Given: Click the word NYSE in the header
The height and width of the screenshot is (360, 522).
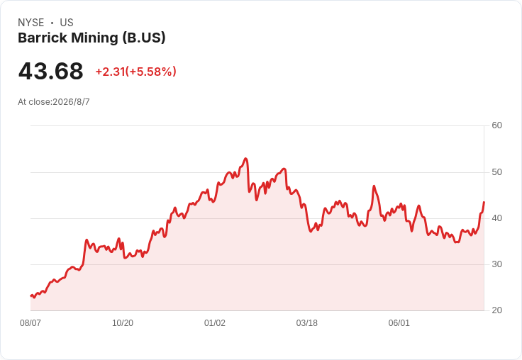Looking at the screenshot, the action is (31, 23).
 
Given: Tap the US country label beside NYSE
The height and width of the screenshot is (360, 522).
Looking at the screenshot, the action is (67, 23).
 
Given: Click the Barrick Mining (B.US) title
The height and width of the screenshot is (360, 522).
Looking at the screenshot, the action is (91, 38).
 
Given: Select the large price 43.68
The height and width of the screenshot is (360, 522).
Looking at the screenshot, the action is (50, 71).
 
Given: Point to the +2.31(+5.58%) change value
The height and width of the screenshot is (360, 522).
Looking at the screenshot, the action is (136, 72).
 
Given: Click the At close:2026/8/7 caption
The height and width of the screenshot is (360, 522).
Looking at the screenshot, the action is (54, 102).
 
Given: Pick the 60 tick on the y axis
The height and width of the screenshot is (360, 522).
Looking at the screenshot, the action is (496, 125).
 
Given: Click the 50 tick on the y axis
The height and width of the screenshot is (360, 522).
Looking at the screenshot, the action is (496, 172).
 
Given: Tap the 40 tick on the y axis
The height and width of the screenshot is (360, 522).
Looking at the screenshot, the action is (496, 218).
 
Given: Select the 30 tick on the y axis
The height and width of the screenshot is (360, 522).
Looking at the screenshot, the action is (496, 264).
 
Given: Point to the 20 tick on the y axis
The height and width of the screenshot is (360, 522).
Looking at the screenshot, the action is (496, 310).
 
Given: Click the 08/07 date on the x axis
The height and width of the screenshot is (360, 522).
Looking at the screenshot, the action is (30, 323).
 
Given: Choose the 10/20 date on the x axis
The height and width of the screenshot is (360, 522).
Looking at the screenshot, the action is (123, 323).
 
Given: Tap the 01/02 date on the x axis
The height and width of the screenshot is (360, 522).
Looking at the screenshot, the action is (215, 323).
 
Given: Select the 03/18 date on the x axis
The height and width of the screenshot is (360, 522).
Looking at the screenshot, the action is (307, 323).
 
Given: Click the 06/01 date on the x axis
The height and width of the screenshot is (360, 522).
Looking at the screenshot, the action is (399, 323).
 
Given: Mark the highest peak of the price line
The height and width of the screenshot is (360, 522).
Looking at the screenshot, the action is (245, 159).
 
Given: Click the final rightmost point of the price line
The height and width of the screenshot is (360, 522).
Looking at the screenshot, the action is (484, 202).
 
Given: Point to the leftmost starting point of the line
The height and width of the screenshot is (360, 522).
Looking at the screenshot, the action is (31, 296).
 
